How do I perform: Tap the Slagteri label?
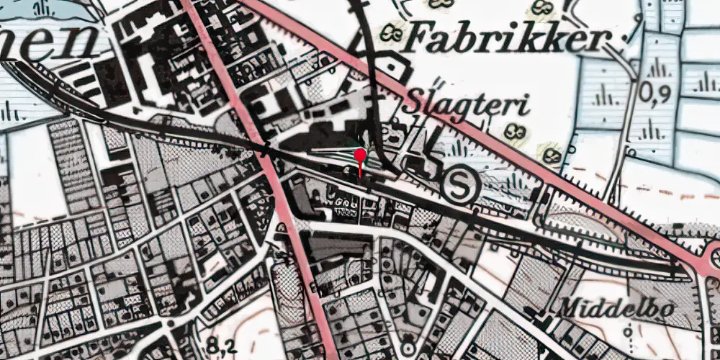tap(469, 105)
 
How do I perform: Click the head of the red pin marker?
tap(360, 155)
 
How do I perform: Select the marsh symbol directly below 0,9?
tap(652, 130)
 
